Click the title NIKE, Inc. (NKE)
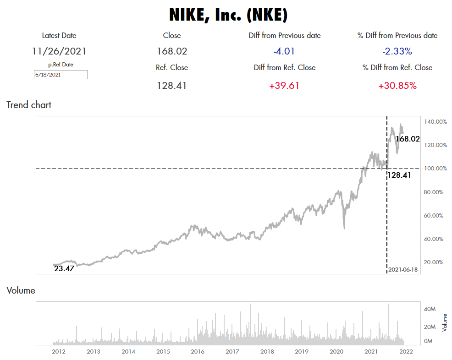[x=228, y=15]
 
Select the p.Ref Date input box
[x=61, y=75]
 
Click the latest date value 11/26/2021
[x=59, y=51]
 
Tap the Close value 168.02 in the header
[x=172, y=51]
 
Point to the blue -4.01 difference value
[x=285, y=51]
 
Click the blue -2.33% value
[x=397, y=51]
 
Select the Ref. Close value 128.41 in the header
[x=172, y=85]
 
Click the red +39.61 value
[x=285, y=85]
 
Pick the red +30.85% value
[x=397, y=85]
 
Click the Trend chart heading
[x=29, y=105]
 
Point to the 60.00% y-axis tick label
[x=434, y=215]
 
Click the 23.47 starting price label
[x=64, y=269]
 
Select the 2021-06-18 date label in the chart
[x=403, y=269]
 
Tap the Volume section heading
[x=21, y=290]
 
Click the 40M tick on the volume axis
[x=429, y=309]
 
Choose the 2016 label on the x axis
[x=198, y=352]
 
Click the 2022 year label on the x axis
[x=406, y=352]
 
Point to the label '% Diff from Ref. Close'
[x=397, y=67]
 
